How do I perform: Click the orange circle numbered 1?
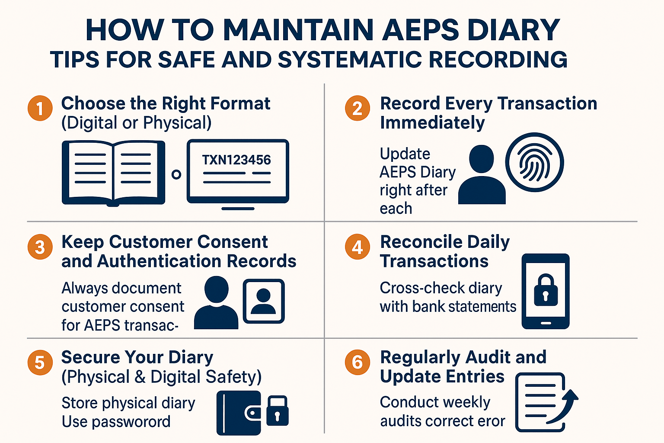(40, 108)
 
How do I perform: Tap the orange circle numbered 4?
(358, 247)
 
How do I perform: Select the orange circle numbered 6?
(358, 362)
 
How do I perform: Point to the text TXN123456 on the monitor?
(236, 160)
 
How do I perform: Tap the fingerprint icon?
(534, 162)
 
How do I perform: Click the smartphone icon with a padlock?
(546, 291)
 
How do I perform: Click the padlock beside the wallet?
(277, 411)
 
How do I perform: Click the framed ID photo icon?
(264, 301)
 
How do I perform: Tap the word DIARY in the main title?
(514, 30)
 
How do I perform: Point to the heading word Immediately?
(432, 123)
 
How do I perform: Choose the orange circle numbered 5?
(40, 362)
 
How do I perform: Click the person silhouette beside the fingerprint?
(482, 175)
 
